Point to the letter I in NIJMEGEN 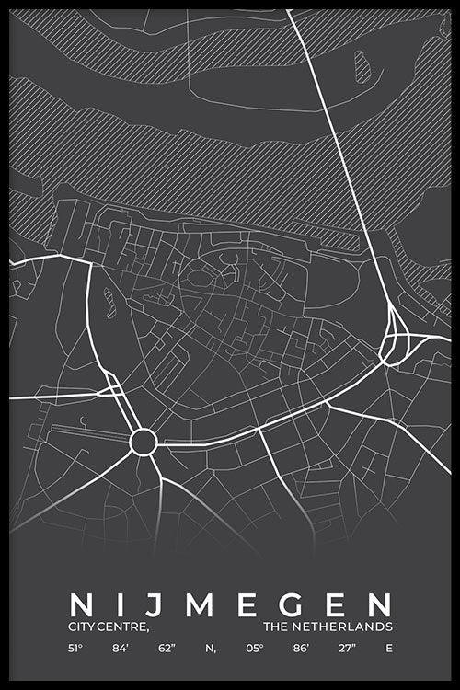coord(119,605)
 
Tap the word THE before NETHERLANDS coord(274,627)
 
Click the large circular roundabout coord(143,442)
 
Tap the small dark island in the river coord(362,66)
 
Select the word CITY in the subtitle coord(81,627)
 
